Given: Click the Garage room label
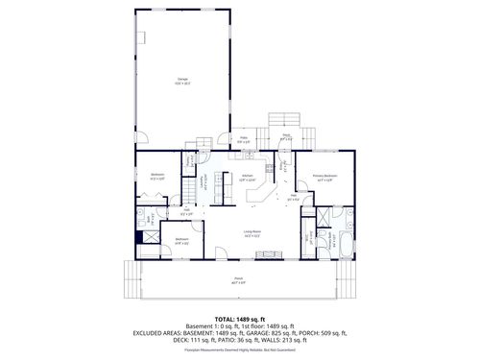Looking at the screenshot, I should [182, 80].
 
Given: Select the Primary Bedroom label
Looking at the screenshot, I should [323, 178].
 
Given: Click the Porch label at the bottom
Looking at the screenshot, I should [237, 280].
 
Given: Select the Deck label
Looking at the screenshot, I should [285, 139].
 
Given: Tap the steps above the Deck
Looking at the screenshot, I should [285, 118].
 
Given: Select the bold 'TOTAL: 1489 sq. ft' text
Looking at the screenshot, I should [239, 318].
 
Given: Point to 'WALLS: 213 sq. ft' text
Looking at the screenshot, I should [287, 340].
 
